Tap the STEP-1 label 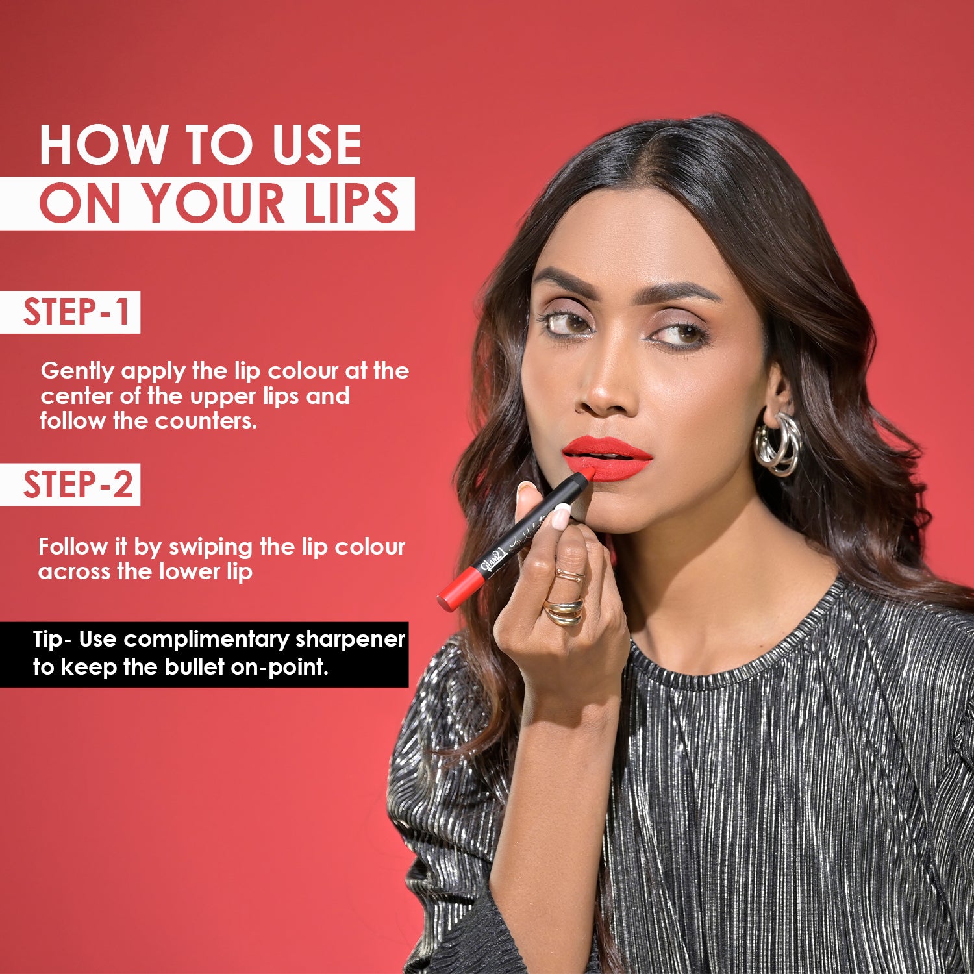[x=77, y=312]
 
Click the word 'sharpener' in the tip [x=350, y=639]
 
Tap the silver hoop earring [x=778, y=445]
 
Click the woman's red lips [x=607, y=458]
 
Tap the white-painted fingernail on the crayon [x=560, y=516]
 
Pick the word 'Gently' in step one [x=77, y=371]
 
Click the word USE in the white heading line [x=317, y=145]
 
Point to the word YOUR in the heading [x=214, y=203]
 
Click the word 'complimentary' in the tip [x=206, y=639]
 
